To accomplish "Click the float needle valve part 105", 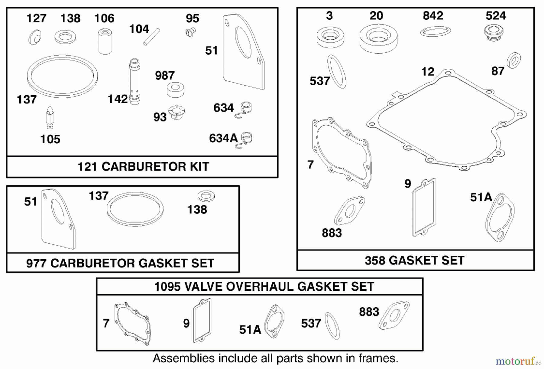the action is coord(50,117).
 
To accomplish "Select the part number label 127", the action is coord(36,18).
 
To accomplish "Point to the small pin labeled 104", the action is coord(151,37).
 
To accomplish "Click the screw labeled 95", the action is coord(190,32).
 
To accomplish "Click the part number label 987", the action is coord(165,76).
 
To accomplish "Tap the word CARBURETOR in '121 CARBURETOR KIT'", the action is coord(143,167).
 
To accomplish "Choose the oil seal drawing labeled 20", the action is coord(378,38).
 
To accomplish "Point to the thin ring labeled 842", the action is coord(436,31).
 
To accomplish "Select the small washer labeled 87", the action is coord(513,60).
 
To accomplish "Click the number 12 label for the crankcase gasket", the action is coord(428,72).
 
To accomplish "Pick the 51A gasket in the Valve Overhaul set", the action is coord(274,321).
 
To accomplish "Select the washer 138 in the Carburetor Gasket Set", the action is coord(206,196).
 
